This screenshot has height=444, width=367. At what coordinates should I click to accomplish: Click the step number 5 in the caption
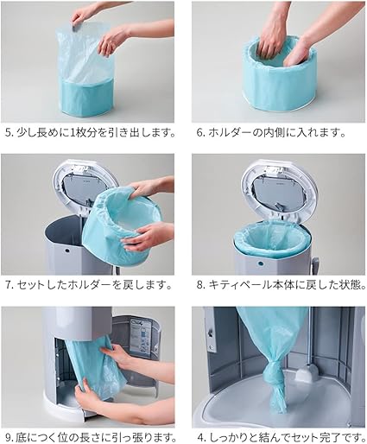pos(8,133)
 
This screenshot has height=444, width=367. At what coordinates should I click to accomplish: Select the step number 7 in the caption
pos(8,285)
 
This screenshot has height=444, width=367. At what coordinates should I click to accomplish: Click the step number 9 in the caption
pos(8,438)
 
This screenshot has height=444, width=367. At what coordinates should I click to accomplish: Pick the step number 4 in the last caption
pos(200,438)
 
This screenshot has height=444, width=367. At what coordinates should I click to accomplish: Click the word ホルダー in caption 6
pos(229,133)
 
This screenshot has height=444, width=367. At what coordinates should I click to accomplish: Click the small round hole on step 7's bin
pos(67,251)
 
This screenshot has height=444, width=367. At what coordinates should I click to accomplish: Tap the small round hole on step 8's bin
pos(261,263)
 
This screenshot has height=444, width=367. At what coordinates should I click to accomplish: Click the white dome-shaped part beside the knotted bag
pos(307,373)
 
